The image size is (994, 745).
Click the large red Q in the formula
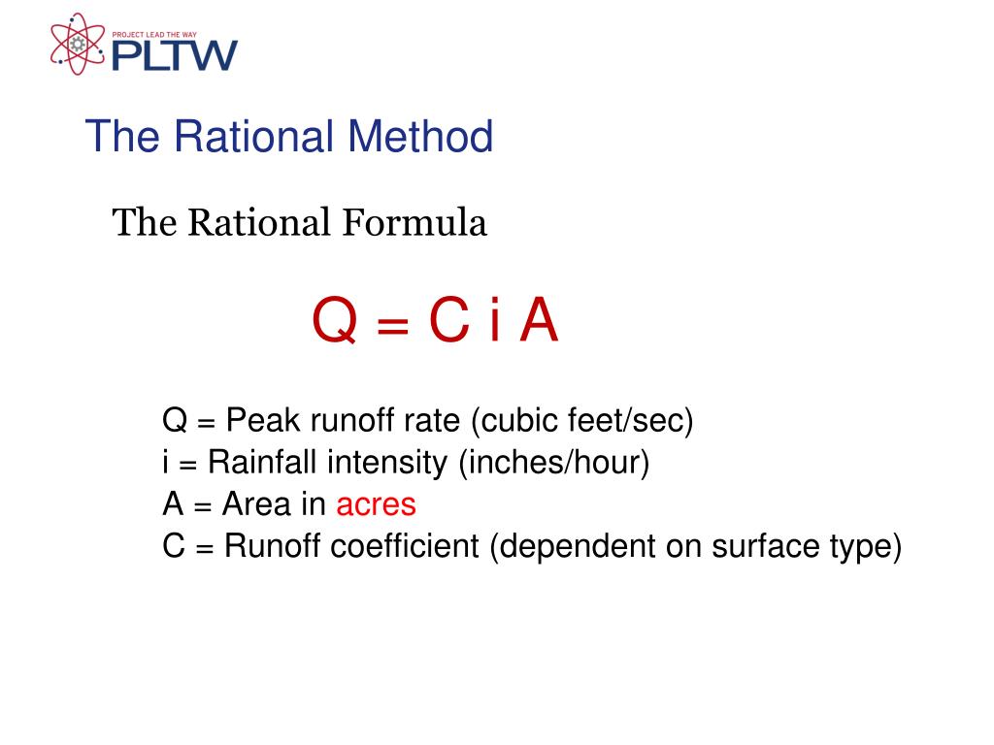pyautogui.click(x=333, y=322)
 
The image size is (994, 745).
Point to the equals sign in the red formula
pyautogui.click(x=388, y=324)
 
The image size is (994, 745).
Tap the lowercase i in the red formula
pyautogui.click(x=495, y=322)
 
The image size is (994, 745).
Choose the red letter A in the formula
pyautogui.click(x=539, y=322)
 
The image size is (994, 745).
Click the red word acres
pyautogui.click(x=376, y=504)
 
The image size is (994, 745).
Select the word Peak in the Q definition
pyautogui.click(x=260, y=422)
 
